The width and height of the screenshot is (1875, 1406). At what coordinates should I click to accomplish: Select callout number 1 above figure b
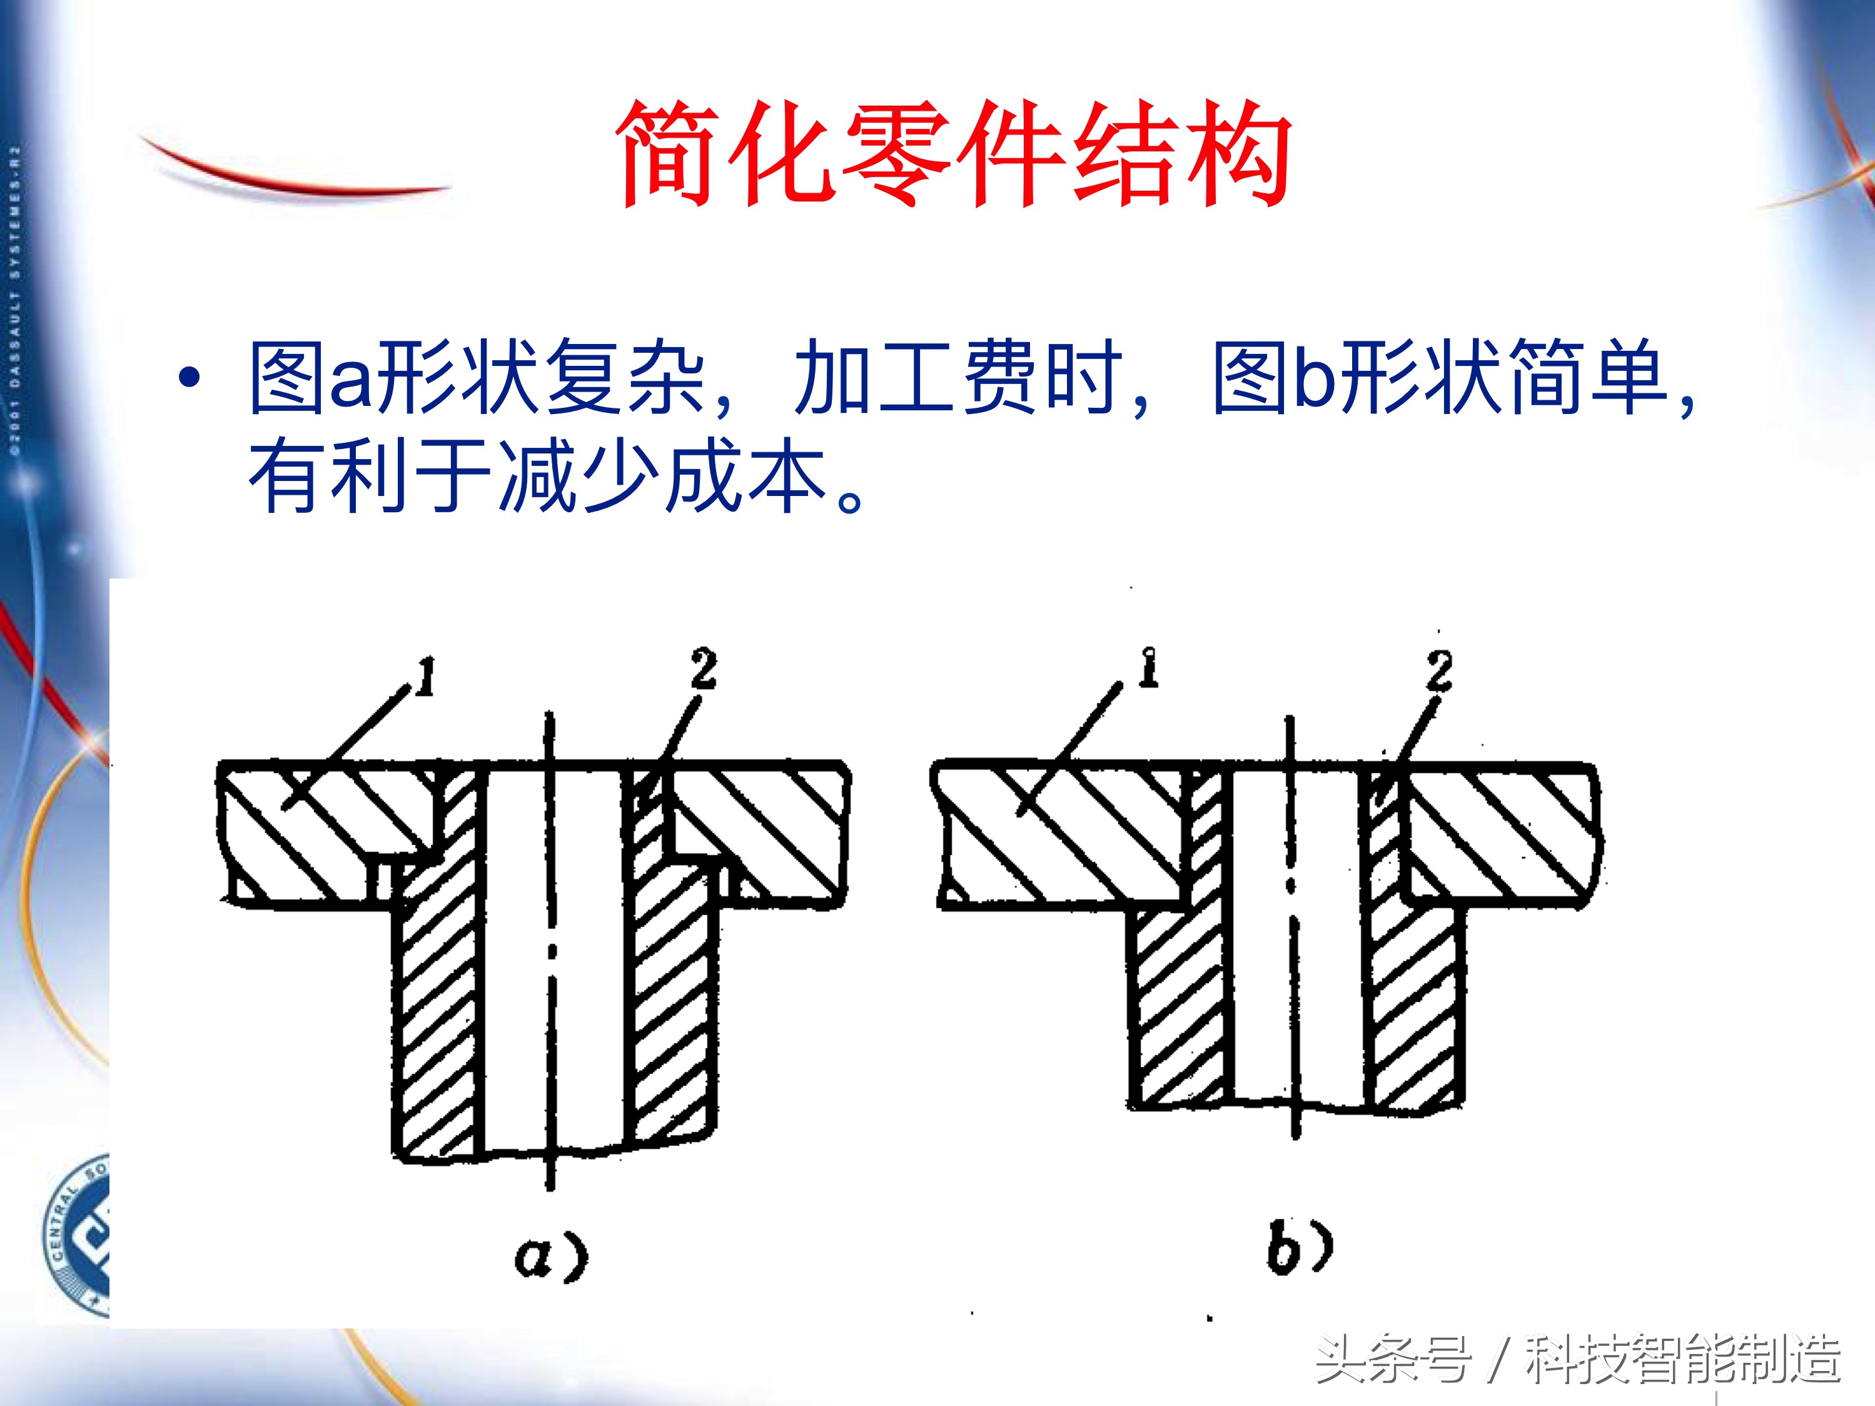[1148, 668]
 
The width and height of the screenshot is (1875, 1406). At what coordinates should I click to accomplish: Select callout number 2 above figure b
[1438, 670]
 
